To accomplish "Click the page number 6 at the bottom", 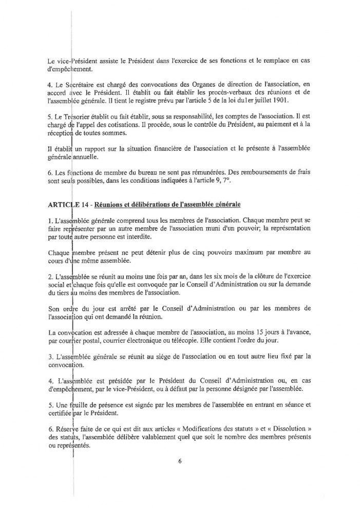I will point(180,461).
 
